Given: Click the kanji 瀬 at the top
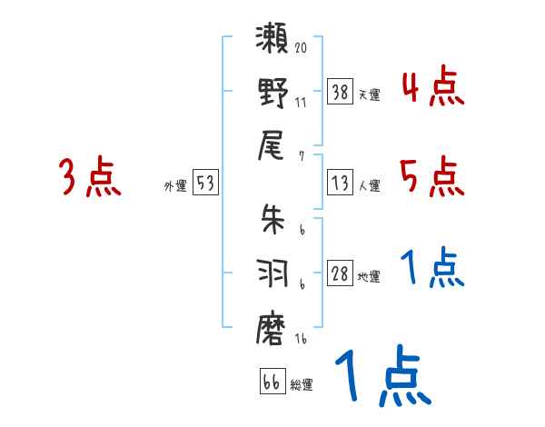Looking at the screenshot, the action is click(x=273, y=41).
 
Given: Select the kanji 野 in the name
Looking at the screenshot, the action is click(x=273, y=94).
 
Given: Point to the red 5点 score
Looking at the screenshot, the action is click(x=432, y=176).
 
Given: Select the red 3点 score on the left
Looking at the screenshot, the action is click(x=90, y=176).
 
